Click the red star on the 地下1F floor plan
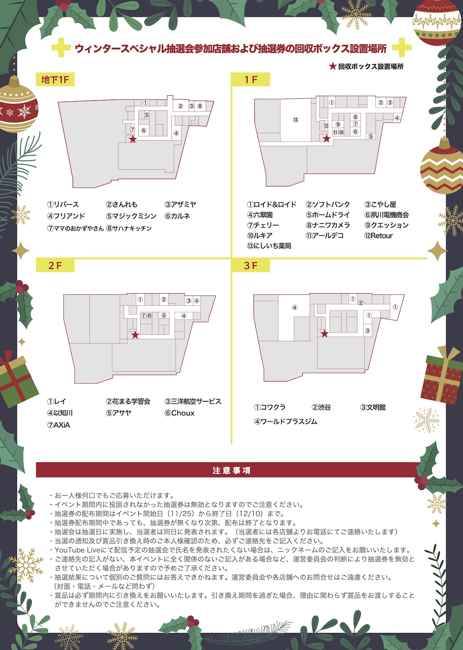[x=133, y=139]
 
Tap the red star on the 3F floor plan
[x=324, y=334]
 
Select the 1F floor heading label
[x=250, y=80]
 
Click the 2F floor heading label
[x=55, y=265]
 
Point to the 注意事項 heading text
[x=231, y=470]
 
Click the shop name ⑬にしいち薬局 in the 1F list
[x=269, y=246]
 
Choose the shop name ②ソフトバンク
[x=327, y=204]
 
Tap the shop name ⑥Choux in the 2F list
[x=179, y=413]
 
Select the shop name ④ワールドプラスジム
[x=286, y=421]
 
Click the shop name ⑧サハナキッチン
[x=129, y=228]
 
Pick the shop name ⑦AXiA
[x=58, y=425]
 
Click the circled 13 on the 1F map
[x=295, y=119]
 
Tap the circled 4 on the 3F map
[x=295, y=307]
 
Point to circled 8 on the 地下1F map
[x=200, y=106]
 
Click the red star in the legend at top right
[x=332, y=66]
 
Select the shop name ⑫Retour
[x=379, y=236]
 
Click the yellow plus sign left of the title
[x=61, y=47]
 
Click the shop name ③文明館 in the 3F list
[x=373, y=407]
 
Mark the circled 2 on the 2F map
[x=164, y=299]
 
